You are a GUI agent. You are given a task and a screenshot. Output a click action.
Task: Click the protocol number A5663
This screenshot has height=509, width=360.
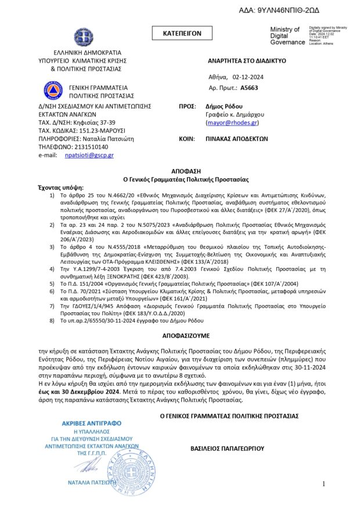(x=249, y=87)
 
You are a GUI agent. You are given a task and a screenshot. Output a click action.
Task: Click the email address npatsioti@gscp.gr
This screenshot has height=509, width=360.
(x=89, y=155)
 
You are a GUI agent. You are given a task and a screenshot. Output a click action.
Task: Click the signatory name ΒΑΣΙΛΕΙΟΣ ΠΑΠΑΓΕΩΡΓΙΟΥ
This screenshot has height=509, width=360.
(x=228, y=449)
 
